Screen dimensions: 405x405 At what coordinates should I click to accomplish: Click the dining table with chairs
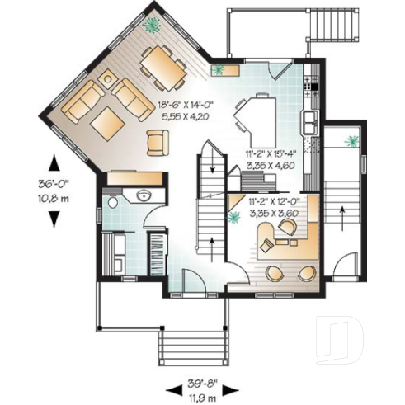tap(162, 67)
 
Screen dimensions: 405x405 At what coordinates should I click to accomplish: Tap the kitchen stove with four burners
tap(310, 83)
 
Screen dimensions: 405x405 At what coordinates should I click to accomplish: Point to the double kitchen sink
tap(311, 122)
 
